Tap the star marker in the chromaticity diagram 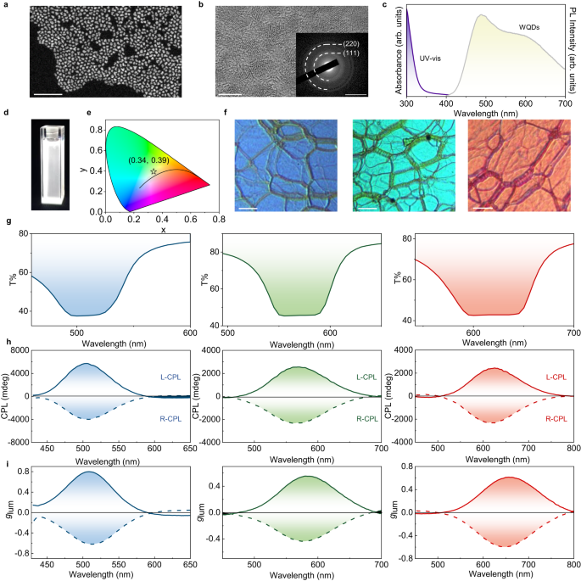coord(154,171)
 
